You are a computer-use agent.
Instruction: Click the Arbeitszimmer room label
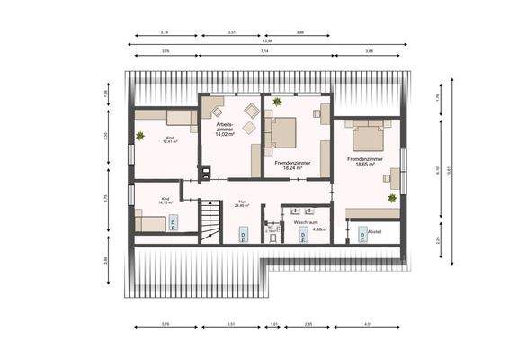[225, 129]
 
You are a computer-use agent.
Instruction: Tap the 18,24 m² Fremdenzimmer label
[281, 165]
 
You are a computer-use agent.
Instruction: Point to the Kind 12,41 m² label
[169, 139]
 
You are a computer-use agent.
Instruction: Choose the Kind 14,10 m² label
[165, 201]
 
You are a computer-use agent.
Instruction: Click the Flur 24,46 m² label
[241, 203]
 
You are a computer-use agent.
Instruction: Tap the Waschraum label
[306, 220]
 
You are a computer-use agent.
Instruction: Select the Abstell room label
[376, 231]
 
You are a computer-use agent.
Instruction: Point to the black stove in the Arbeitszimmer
[204, 173]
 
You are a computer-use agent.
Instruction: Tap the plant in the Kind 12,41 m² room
[140, 136]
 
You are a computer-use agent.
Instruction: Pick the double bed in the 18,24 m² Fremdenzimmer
[282, 133]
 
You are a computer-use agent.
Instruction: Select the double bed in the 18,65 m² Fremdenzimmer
[369, 136]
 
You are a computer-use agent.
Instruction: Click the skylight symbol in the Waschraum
[302, 234]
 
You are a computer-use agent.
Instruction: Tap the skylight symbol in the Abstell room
[362, 235]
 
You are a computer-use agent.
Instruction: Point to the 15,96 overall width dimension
[266, 42]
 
